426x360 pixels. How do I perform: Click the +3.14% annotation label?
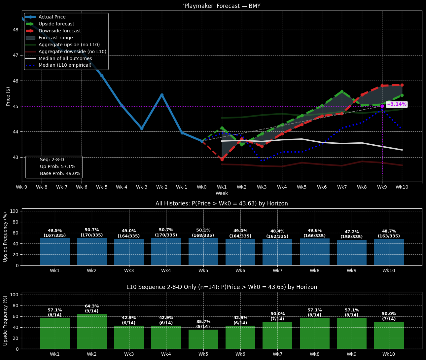pos(396,104)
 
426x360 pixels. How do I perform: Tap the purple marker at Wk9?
pos(382,106)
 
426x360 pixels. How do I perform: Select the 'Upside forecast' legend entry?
pos(56,24)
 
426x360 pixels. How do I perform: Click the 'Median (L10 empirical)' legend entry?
pos(65,65)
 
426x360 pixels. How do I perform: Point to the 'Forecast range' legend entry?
pos(55,38)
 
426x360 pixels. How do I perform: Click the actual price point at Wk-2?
pos(162,95)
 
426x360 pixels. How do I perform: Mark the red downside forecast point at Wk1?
pos(222,160)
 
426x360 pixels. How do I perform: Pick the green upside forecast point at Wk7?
pos(342,91)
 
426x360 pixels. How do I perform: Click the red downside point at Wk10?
pos(402,85)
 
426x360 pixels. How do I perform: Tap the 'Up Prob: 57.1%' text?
pos(57,167)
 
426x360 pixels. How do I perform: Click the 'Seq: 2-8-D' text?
pos(52,160)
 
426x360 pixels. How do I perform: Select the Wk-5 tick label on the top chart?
pos(102,187)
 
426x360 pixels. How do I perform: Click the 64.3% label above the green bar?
pos(92,306)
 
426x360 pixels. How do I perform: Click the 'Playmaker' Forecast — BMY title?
pos(222,6)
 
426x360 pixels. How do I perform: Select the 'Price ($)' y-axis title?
pos(8,96)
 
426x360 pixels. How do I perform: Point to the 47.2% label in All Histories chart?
pos(352,232)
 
